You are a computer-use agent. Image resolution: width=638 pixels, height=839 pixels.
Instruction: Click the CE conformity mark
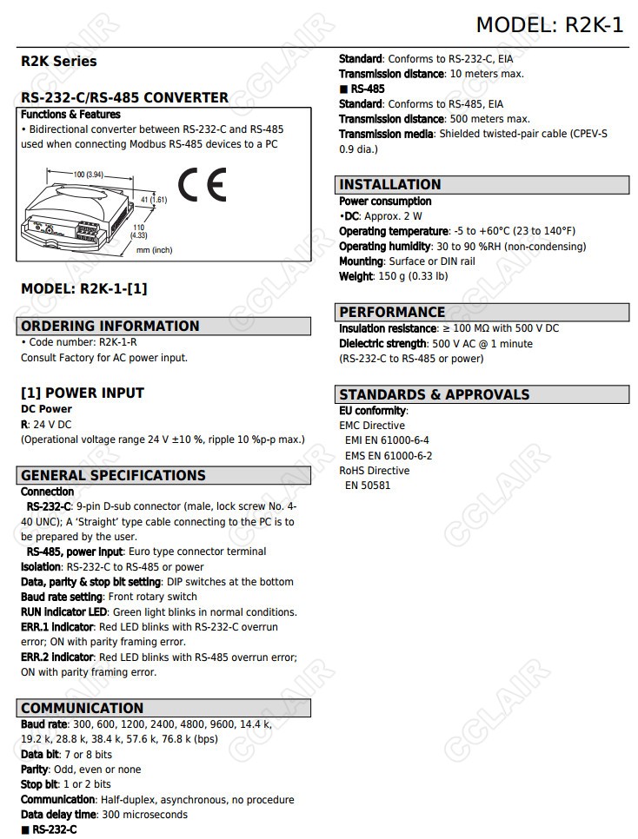[x=202, y=185]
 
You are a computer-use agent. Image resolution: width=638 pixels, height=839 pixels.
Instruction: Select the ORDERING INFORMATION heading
[x=110, y=327]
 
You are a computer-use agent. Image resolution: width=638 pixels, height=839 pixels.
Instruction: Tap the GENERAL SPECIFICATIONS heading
[x=113, y=475]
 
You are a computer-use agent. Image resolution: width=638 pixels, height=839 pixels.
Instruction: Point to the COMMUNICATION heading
[x=83, y=708]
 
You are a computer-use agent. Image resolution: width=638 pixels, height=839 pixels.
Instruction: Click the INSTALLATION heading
[x=390, y=185]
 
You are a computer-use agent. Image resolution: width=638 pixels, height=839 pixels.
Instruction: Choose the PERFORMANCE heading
[x=392, y=312]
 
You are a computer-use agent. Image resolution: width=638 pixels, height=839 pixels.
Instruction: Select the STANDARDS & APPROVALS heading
[x=434, y=394]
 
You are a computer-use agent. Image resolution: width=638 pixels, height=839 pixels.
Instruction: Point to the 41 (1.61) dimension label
[x=153, y=200]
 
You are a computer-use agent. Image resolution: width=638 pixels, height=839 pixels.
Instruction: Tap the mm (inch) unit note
[x=154, y=250]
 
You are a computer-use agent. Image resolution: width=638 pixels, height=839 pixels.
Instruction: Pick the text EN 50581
[x=368, y=486]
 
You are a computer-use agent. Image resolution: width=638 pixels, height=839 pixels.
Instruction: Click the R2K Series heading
[x=59, y=62]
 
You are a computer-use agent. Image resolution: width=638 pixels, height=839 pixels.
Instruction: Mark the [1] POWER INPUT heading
[x=83, y=393]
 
